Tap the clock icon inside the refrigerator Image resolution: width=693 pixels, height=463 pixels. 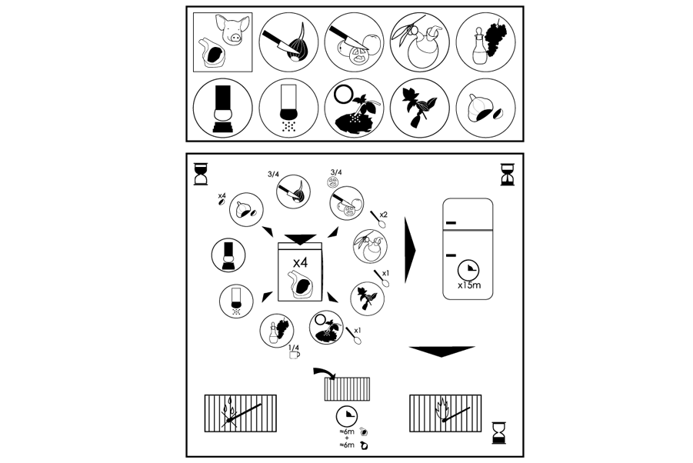[x=468, y=269]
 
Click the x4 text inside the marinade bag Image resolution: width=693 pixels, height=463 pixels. [x=299, y=262]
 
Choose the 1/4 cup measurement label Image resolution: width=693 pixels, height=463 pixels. [x=293, y=351]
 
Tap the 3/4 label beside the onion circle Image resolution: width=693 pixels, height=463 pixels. [x=273, y=175]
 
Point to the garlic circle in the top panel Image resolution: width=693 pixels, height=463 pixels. [x=483, y=108]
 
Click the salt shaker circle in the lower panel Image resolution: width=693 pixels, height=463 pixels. [x=235, y=301]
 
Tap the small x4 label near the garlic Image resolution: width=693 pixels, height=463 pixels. [x=222, y=197]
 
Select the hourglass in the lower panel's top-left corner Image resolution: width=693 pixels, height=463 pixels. [x=201, y=173]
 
